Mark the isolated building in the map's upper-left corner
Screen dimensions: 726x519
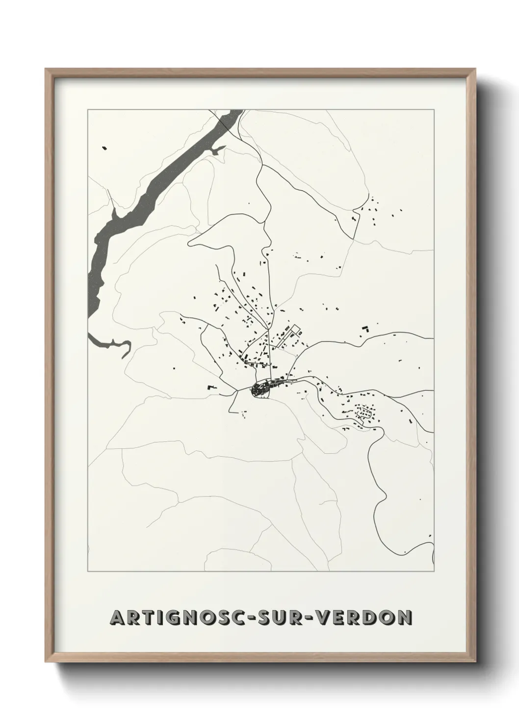pyautogui.click(x=104, y=147)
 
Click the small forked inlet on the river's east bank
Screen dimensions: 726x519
pyautogui.click(x=217, y=150)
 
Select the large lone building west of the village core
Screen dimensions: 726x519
pyautogui.click(x=212, y=387)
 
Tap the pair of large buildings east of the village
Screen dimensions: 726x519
pyautogui.click(x=364, y=329)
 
